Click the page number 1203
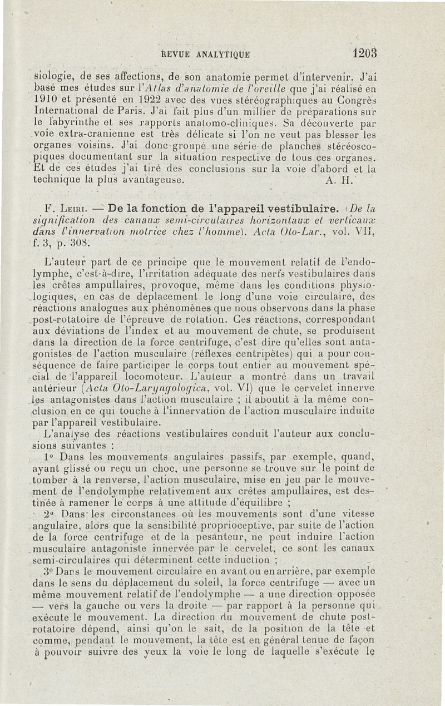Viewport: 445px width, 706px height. pos(364,53)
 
